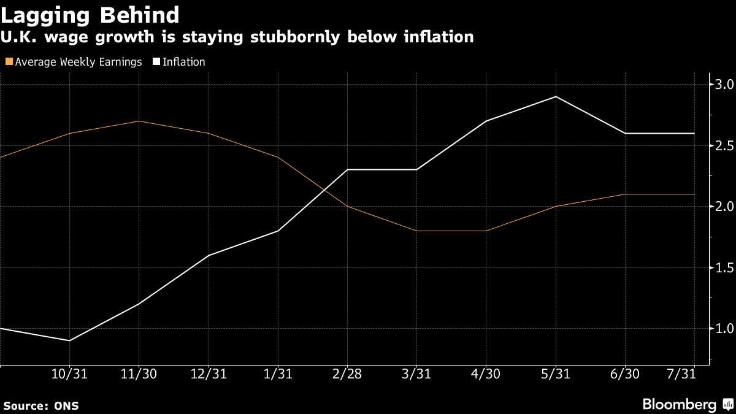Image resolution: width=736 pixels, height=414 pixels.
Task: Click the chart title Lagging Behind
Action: coord(91,15)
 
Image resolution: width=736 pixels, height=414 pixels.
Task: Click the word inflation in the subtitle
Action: coord(437,37)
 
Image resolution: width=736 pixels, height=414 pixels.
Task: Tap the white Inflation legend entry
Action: coord(183,62)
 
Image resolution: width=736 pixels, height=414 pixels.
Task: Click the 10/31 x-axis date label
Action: coord(69,374)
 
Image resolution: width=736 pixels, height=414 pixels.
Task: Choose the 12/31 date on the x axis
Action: coord(209,374)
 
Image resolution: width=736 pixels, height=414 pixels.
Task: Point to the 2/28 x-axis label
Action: coord(348,374)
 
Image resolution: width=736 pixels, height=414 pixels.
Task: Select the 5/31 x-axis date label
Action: coord(556,374)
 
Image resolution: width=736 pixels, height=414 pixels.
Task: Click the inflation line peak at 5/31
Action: coord(556,96)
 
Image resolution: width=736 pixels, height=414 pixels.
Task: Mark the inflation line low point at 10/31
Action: coord(69,340)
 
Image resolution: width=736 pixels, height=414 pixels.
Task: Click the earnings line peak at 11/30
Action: coord(139,121)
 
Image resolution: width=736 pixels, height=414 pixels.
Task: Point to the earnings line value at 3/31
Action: coord(417,231)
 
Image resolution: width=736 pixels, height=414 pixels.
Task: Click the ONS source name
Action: coord(66,406)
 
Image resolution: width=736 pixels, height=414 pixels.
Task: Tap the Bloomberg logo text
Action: coord(679,405)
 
